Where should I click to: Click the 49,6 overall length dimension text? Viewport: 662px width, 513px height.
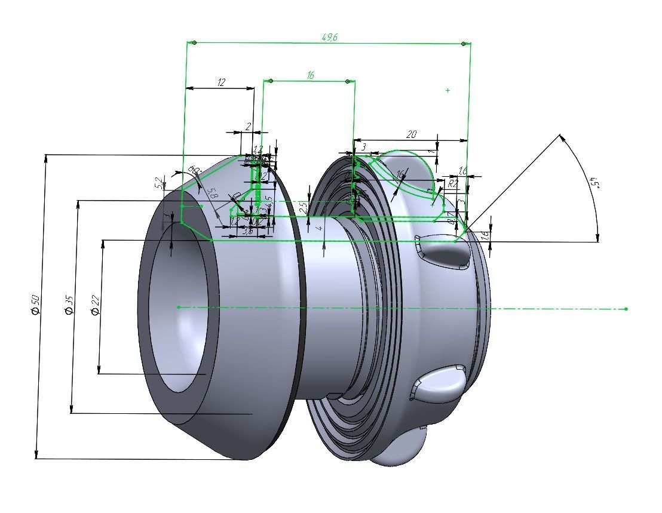330,37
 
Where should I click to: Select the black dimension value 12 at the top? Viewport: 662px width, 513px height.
221,82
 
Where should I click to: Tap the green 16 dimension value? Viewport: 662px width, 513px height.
310,75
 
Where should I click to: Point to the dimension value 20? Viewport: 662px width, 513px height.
411,134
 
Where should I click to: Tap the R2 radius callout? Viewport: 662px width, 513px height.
452,184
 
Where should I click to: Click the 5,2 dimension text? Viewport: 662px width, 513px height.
158,183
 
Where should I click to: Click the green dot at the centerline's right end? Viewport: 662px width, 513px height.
626,309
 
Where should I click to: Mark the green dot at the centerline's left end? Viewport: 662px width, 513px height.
179,307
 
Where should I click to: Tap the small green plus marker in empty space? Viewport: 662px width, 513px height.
448,90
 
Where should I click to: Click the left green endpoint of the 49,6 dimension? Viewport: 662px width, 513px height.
194,43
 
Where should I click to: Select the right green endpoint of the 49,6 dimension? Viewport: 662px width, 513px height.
464,44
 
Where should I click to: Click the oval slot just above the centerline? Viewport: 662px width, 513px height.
444,253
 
